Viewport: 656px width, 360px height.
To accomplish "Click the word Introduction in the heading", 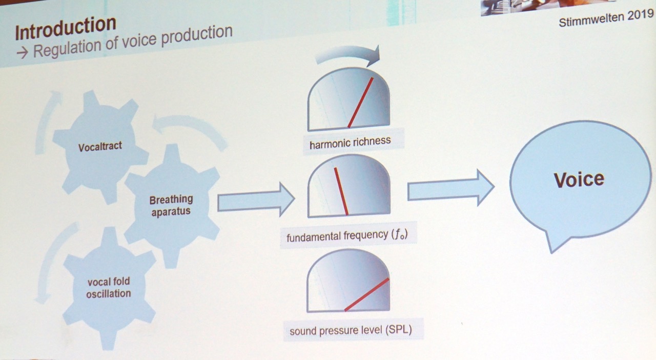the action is coord(66,28).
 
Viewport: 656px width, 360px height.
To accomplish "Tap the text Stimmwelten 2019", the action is coord(606,17).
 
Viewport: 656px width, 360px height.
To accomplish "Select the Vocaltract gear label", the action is coord(100,146).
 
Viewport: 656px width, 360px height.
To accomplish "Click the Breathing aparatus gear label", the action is coord(171,205).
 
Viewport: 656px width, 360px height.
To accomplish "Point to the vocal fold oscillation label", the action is coord(108,288).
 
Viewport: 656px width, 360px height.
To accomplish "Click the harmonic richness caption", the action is coord(350,143).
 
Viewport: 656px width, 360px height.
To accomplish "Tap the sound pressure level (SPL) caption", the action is coord(351,330).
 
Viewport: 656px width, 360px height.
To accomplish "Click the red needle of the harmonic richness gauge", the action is coord(360,103).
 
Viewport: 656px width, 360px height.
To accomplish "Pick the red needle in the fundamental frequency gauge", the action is coord(341,191).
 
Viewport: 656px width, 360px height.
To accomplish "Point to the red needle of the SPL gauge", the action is coord(367,294).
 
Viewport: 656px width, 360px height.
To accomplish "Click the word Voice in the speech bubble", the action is coord(579,179).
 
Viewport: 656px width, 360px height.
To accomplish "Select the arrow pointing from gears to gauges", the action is coord(256,199).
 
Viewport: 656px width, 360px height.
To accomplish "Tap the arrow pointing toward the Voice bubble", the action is coord(451,188).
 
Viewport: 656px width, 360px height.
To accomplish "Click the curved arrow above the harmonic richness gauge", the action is coord(348,54).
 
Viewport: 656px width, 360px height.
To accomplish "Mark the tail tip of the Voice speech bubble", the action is coord(552,253).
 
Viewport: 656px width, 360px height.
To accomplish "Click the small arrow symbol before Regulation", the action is coord(22,53).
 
